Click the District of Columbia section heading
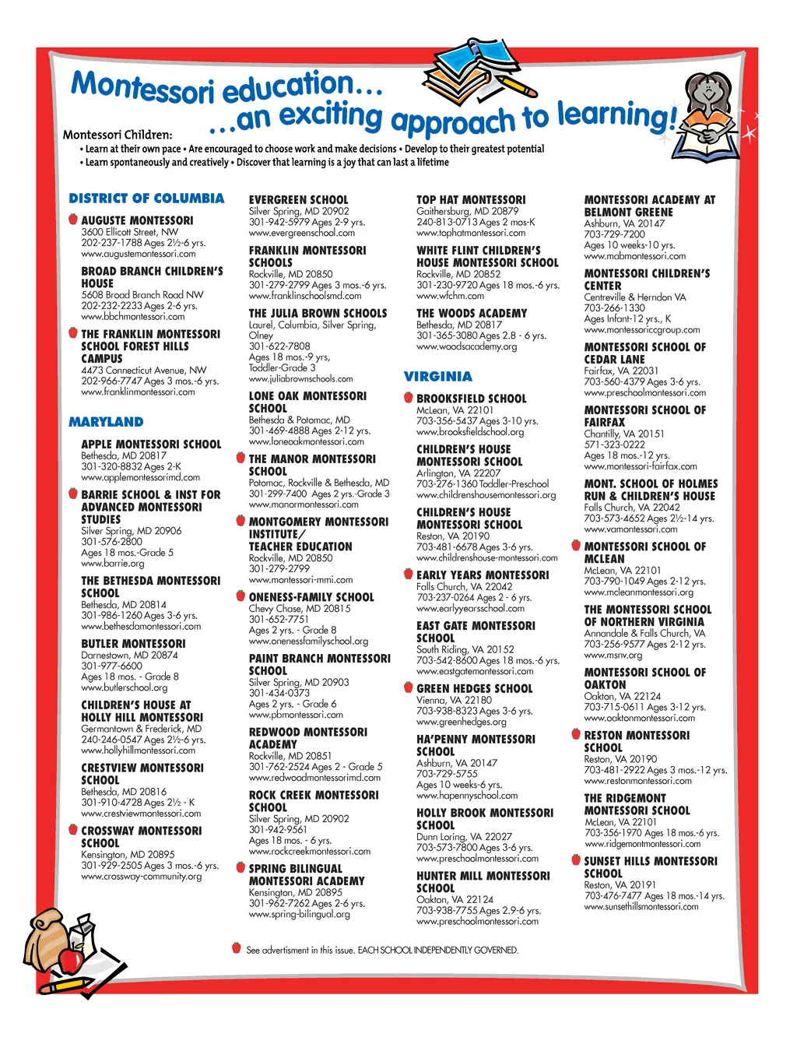point(146,199)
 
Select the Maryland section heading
point(106,422)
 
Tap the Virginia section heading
point(437,377)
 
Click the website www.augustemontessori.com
point(139,254)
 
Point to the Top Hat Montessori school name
point(471,200)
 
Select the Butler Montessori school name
point(133,644)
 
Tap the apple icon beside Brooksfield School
point(408,398)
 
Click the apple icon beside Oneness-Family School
point(241,596)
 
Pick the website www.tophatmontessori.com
point(471,233)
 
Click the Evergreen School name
point(298,200)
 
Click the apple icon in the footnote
point(236,947)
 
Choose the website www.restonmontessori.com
point(637,781)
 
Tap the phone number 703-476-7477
point(613,896)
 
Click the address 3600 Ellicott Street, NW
point(130,232)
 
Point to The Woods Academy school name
point(472,314)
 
